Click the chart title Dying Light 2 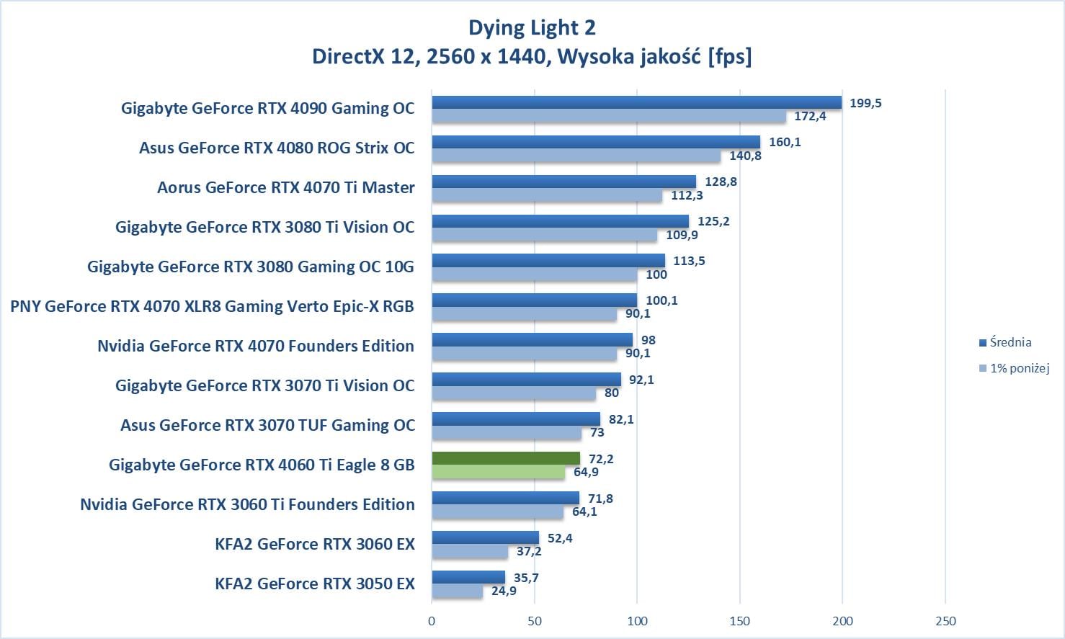[532, 27]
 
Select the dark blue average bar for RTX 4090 [636, 102]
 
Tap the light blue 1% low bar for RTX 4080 [576, 156]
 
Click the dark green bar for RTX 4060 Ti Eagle [506, 458]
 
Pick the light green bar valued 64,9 [498, 472]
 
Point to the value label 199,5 [865, 103]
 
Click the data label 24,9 [504, 591]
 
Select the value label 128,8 [721, 182]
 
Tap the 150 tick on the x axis [739, 621]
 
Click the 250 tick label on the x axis [945, 621]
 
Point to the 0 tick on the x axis [432, 621]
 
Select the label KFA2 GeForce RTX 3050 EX [315, 584]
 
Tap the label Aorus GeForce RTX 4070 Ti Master [286, 188]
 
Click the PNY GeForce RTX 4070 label [212, 307]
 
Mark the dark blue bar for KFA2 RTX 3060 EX [485, 537]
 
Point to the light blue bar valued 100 [534, 274]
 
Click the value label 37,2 [528, 552]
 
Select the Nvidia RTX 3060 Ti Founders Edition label [247, 504]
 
